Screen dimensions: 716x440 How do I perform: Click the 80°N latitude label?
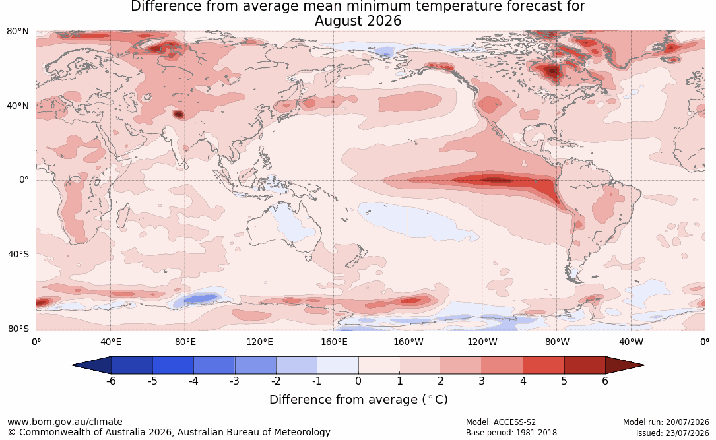[x=17, y=32]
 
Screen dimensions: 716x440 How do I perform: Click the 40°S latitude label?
[x=18, y=254]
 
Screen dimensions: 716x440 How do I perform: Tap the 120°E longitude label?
[x=259, y=342]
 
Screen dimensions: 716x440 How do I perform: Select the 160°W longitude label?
[x=408, y=342]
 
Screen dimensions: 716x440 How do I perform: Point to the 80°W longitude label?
[x=557, y=342]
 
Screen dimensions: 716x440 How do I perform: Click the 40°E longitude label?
[x=111, y=342]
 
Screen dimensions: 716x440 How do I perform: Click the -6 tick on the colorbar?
[x=111, y=381]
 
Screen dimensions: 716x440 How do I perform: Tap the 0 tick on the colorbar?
[x=358, y=381]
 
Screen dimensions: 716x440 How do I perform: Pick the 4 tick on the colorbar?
[x=523, y=381]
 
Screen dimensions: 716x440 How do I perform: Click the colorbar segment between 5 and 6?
[x=585, y=365]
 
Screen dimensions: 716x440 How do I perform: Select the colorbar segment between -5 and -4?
[x=173, y=365]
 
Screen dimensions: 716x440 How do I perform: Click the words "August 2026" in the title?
[x=358, y=21]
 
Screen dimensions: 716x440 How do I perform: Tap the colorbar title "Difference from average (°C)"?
[x=358, y=400]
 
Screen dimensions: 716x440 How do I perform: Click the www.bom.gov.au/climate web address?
[x=65, y=422]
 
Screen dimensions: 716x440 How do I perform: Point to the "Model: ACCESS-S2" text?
[x=500, y=422]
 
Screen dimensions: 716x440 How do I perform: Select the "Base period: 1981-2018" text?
[x=511, y=433]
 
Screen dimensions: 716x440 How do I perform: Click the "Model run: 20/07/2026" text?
[x=666, y=422]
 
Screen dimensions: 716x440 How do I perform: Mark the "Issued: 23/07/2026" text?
[x=672, y=433]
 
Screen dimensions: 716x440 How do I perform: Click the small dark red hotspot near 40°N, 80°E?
[x=179, y=115]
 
